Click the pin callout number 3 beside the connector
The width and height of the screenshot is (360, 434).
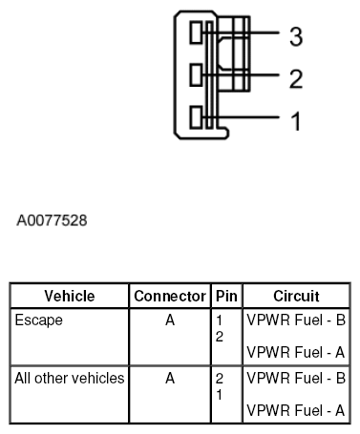point(296,36)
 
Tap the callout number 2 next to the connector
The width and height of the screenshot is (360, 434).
point(296,78)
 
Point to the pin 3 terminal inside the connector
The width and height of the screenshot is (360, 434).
point(196,32)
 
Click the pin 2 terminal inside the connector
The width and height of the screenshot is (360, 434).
point(196,73)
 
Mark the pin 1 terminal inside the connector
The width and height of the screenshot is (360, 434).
point(196,118)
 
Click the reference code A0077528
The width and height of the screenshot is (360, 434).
point(53,220)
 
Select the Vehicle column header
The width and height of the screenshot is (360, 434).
point(70,296)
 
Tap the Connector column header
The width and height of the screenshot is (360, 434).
point(170,296)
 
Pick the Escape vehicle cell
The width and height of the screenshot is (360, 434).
point(39,320)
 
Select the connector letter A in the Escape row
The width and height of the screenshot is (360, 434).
point(170,320)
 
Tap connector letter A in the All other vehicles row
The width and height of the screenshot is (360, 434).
point(170,378)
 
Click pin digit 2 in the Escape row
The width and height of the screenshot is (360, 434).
point(220,337)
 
